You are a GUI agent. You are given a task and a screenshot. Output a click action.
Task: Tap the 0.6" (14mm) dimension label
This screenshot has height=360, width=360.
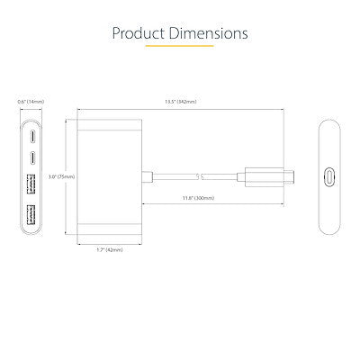click(x=31, y=102)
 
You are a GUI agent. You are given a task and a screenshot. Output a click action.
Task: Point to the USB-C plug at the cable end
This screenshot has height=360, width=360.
click(x=270, y=175)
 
